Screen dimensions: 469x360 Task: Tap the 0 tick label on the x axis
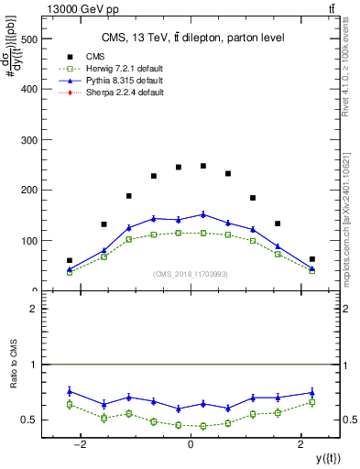(191, 444)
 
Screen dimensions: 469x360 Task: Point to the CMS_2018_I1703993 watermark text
(190, 273)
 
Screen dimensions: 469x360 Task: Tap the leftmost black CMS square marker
(70, 260)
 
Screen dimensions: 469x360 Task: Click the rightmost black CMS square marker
(311, 259)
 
